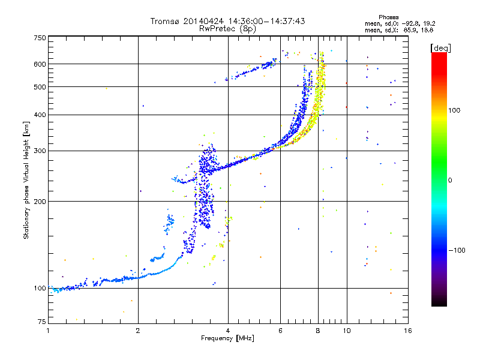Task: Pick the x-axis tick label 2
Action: click(138, 331)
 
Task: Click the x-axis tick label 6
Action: click(281, 331)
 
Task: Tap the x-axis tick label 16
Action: click(407, 331)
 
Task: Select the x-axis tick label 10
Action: click(346, 331)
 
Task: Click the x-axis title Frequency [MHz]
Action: click(227, 339)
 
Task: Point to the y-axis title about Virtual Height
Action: click(26, 180)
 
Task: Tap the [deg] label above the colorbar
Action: click(440, 47)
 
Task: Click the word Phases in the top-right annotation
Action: click(389, 17)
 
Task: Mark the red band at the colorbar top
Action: click(439, 56)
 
